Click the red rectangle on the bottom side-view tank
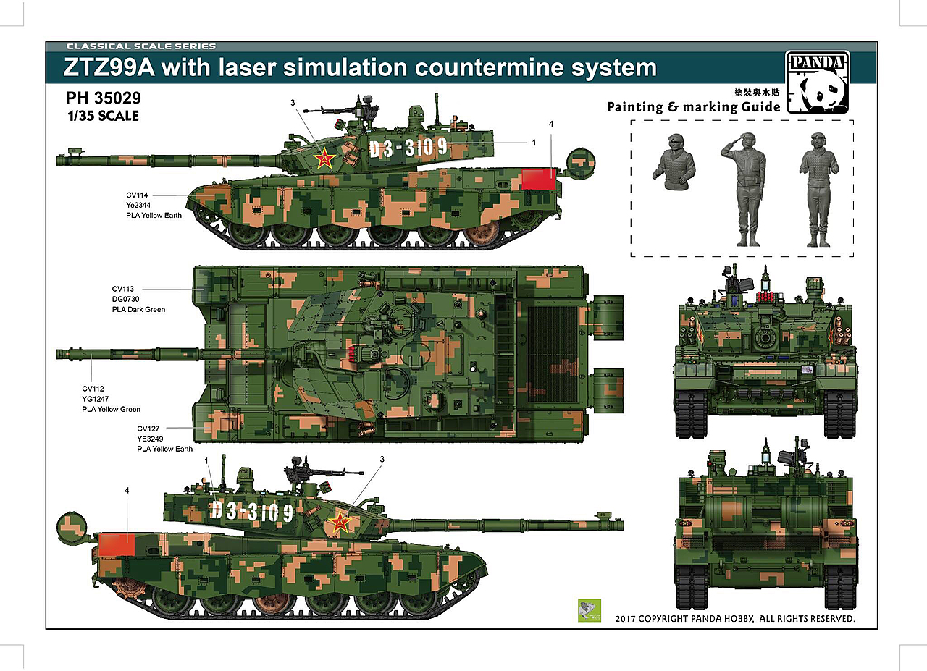114,544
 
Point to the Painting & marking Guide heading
693,107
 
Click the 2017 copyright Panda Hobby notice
734,620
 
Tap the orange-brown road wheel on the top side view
480,234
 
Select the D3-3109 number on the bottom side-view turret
253,511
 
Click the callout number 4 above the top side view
551,124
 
